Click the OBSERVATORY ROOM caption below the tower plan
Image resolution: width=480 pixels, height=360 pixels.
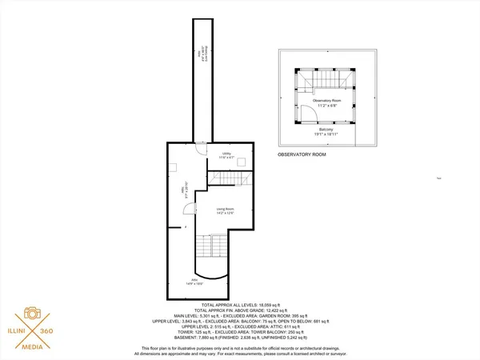pyautogui.click(x=302, y=154)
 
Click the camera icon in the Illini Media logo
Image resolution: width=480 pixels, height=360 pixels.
pyautogui.click(x=34, y=314)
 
